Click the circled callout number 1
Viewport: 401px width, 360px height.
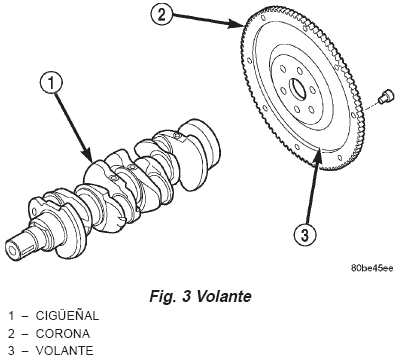pyautogui.click(x=51, y=83)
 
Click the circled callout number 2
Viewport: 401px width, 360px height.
pyautogui.click(x=161, y=15)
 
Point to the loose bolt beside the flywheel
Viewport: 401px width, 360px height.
pyautogui.click(x=384, y=96)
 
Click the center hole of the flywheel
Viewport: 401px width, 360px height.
pyautogui.click(x=297, y=88)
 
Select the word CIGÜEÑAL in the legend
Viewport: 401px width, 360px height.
pyautogui.click(x=67, y=315)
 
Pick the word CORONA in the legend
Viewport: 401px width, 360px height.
pyautogui.click(x=63, y=333)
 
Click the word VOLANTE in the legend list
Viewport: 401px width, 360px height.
pyautogui.click(x=64, y=351)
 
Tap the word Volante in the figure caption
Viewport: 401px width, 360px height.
pyautogui.click(x=224, y=296)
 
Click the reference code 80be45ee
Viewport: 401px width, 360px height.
pyautogui.click(x=372, y=268)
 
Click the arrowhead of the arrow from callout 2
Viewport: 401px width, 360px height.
pyautogui.click(x=236, y=24)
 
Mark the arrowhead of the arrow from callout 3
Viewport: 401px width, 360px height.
pyautogui.click(x=319, y=154)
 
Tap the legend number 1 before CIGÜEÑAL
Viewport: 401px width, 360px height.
pyautogui.click(x=12, y=316)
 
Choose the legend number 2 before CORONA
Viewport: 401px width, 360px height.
pyautogui.click(x=12, y=333)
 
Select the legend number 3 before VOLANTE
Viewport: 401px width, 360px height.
pyautogui.click(x=12, y=351)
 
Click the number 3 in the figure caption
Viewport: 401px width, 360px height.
pyautogui.click(x=186, y=296)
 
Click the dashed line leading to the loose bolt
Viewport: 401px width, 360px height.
pyautogui.click(x=370, y=104)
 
